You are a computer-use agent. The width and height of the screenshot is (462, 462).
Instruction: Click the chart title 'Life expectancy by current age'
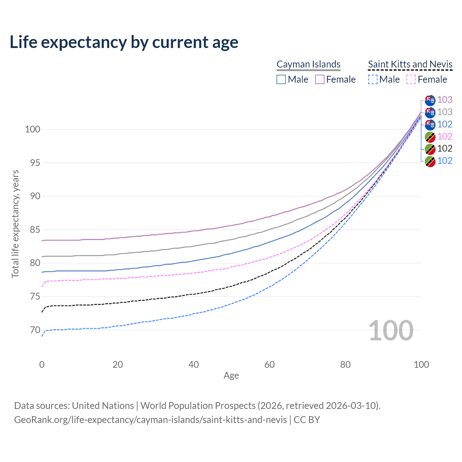coord(124,42)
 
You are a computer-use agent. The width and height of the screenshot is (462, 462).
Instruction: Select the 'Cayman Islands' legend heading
coord(308,64)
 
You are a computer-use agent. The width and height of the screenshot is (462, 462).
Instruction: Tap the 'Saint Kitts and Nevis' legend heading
coord(410,64)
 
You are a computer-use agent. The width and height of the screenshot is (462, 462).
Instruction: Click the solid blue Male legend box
coord(281,79)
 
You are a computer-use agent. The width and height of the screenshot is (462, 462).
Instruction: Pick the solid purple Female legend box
coord(320,79)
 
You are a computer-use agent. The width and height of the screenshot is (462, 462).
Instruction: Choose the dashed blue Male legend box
coord(373,79)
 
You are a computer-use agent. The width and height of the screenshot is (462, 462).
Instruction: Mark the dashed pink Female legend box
coord(411,79)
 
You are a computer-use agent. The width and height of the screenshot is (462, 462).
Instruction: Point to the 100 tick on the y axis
coord(32,129)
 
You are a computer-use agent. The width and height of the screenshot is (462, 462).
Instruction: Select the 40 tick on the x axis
coord(193,365)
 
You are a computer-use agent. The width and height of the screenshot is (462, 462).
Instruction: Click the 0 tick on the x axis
coord(42,365)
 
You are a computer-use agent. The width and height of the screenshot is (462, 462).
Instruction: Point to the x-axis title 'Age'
coord(231,375)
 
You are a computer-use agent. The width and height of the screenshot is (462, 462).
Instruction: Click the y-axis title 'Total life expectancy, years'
coord(15,224)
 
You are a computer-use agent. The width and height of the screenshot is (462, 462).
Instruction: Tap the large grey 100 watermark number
coord(391,331)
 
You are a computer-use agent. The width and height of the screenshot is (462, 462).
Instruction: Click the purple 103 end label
coord(445,100)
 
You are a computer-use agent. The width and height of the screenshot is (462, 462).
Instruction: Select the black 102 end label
coord(445,148)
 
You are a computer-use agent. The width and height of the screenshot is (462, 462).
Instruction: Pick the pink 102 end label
coord(445,136)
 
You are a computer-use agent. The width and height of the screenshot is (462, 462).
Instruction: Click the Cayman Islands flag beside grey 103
coord(430,112)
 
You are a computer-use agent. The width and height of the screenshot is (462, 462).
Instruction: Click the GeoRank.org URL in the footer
coord(151,420)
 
